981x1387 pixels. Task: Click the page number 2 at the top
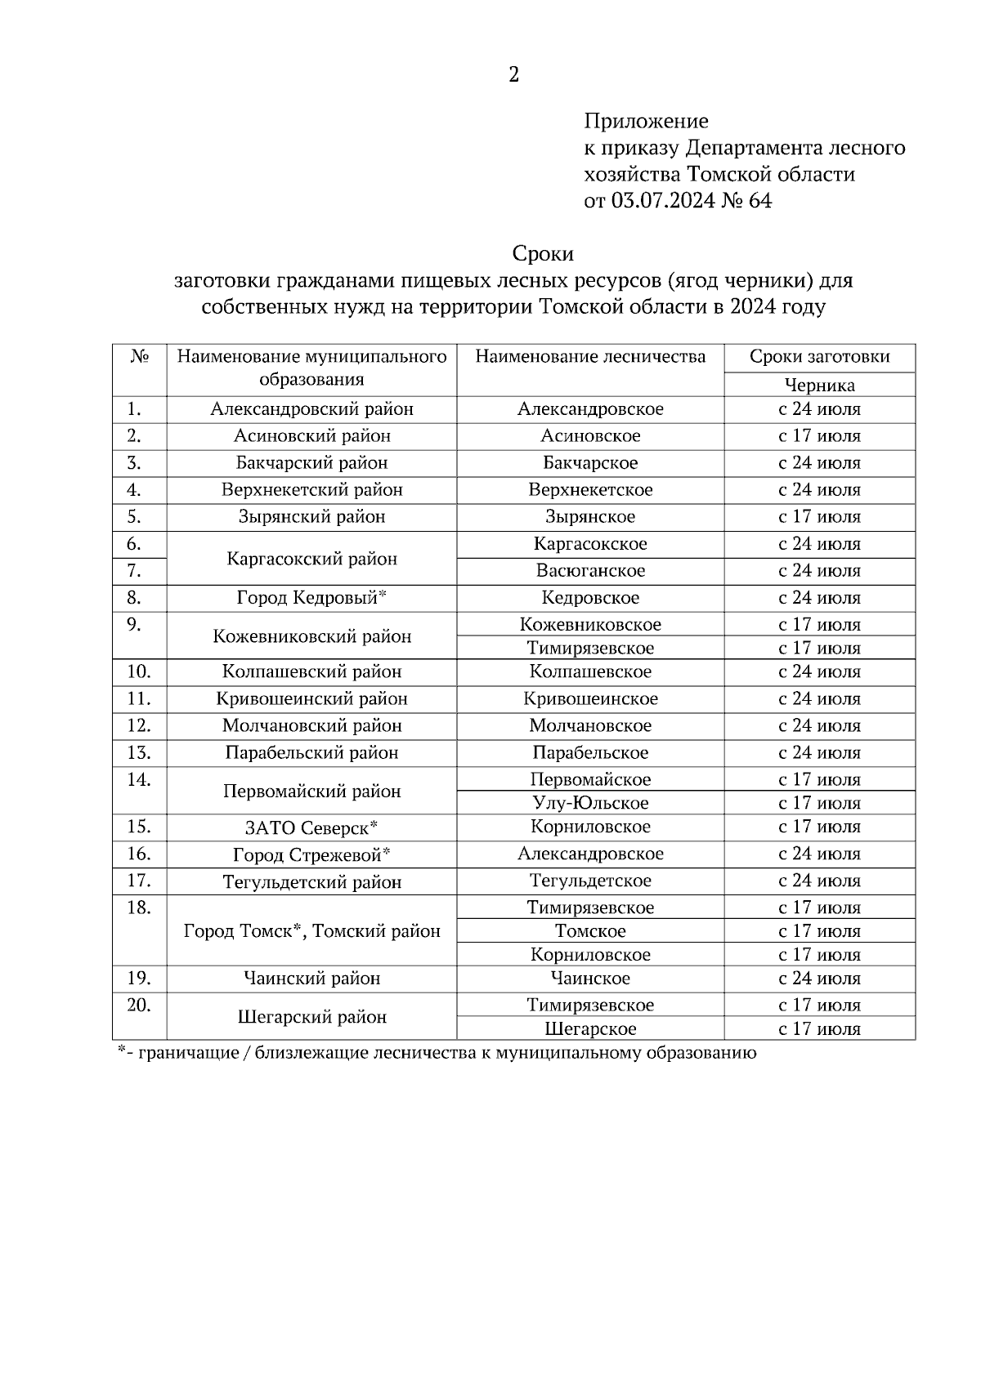pyautogui.click(x=513, y=75)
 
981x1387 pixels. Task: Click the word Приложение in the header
pyautogui.click(x=646, y=122)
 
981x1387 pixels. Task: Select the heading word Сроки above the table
pyautogui.click(x=543, y=253)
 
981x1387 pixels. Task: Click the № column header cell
pyautogui.click(x=139, y=358)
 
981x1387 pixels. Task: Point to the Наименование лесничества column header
pyautogui.click(x=590, y=357)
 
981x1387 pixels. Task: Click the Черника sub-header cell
pyautogui.click(x=819, y=386)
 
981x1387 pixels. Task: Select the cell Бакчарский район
pyautogui.click(x=311, y=463)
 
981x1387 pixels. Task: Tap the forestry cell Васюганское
pyautogui.click(x=590, y=571)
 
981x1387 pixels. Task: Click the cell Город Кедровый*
pyautogui.click(x=311, y=598)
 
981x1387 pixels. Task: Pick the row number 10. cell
pyautogui.click(x=139, y=671)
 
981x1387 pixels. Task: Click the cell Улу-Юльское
pyautogui.click(x=590, y=803)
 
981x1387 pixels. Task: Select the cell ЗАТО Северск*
pyautogui.click(x=311, y=827)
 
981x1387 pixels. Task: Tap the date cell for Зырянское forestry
pyautogui.click(x=819, y=517)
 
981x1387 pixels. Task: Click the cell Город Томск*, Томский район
pyautogui.click(x=311, y=931)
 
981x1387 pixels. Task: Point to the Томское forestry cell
pyautogui.click(x=590, y=931)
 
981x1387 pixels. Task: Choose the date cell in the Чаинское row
pyautogui.click(x=819, y=979)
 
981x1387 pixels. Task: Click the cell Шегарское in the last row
pyautogui.click(x=590, y=1029)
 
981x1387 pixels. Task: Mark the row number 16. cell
pyautogui.click(x=139, y=854)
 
